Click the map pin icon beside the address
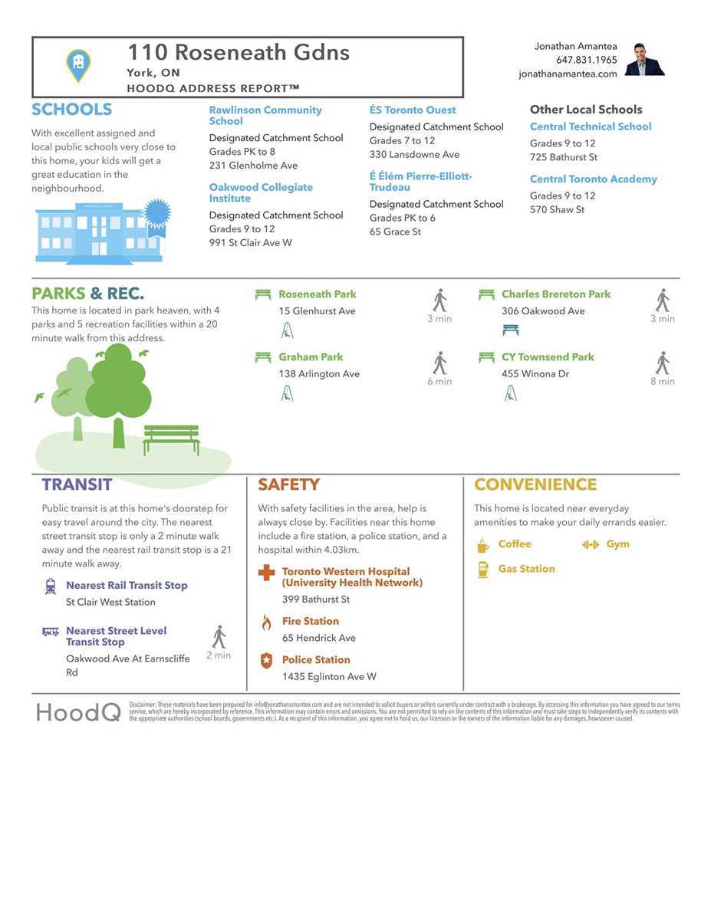tap(78, 66)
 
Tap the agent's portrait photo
tap(644, 60)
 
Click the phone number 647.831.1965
tap(586, 60)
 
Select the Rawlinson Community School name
tap(265, 116)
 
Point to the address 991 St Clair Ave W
tap(250, 243)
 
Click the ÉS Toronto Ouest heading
tap(413, 110)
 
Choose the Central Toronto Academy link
tap(593, 179)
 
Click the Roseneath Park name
tap(317, 294)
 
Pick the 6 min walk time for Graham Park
tap(439, 382)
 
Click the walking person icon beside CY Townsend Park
tap(663, 363)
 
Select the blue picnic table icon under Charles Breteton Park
tap(510, 330)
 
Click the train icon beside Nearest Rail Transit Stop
tap(51, 586)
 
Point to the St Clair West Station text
tap(110, 603)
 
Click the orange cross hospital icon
tap(266, 573)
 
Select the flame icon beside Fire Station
tap(266, 622)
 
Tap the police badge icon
tap(266, 660)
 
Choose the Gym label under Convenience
tap(617, 544)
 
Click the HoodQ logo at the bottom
tap(78, 712)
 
